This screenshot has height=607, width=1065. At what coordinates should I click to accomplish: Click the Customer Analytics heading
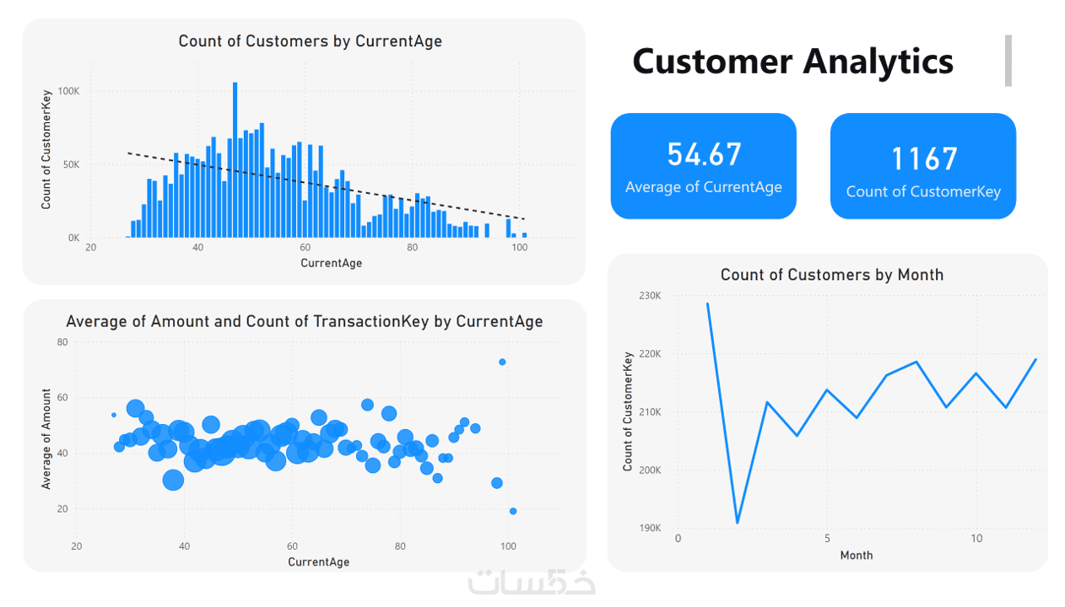pos(792,62)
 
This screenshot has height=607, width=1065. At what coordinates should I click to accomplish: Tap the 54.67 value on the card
pos(704,154)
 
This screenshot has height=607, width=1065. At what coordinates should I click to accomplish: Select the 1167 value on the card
pos(924,158)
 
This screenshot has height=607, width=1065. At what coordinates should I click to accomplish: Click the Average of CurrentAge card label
pos(704,187)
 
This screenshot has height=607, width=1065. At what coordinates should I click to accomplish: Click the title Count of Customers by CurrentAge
pos(310,40)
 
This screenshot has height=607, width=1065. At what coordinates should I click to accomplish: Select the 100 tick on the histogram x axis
pos(519,248)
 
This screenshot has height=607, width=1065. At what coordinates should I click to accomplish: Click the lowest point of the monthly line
pos(738,523)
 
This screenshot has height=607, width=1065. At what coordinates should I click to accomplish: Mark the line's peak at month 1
pos(708,303)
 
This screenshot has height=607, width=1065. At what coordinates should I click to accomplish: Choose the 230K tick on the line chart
pos(650,296)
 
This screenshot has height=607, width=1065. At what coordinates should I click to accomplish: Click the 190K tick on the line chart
pos(650,529)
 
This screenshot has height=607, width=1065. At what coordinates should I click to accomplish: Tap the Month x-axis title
pos(857,555)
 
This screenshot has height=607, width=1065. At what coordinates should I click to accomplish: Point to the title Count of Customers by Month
pos(831,275)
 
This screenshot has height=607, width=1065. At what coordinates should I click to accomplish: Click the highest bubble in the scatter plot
pos(502,362)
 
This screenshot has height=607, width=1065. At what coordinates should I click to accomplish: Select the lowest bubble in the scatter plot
pos(513,511)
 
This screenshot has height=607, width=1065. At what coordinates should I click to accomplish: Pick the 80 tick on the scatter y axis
pos(62,342)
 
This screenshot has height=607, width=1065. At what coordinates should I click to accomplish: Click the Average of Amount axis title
pos(46,439)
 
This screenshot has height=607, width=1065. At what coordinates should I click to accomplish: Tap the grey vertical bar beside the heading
pos(1008,61)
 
